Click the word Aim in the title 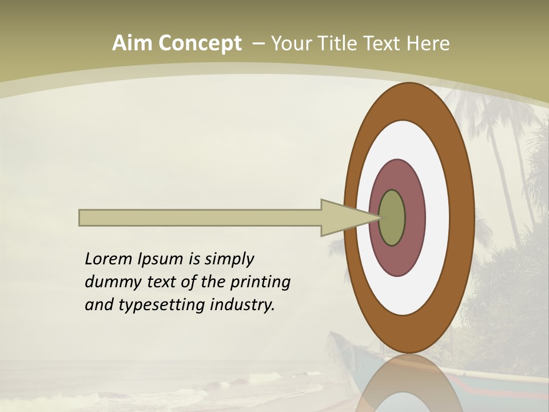coord(132,43)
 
